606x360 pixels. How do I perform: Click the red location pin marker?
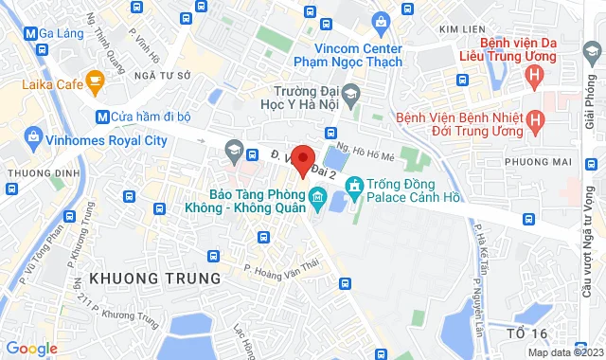tap(303, 158)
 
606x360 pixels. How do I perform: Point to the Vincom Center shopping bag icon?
tap(381, 21)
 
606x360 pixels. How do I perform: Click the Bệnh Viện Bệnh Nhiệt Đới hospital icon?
tap(536, 121)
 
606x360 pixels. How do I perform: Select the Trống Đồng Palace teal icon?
tap(355, 185)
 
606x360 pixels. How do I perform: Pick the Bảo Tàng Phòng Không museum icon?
tap(316, 200)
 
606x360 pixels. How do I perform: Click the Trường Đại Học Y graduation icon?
tap(351, 94)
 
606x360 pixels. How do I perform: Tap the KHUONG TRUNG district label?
tap(154, 279)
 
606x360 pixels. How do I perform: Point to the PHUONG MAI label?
tap(539, 162)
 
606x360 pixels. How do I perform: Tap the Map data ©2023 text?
tap(563, 352)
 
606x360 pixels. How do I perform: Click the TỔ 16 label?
tap(526, 333)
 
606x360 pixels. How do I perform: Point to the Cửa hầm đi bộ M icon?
tap(102, 117)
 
